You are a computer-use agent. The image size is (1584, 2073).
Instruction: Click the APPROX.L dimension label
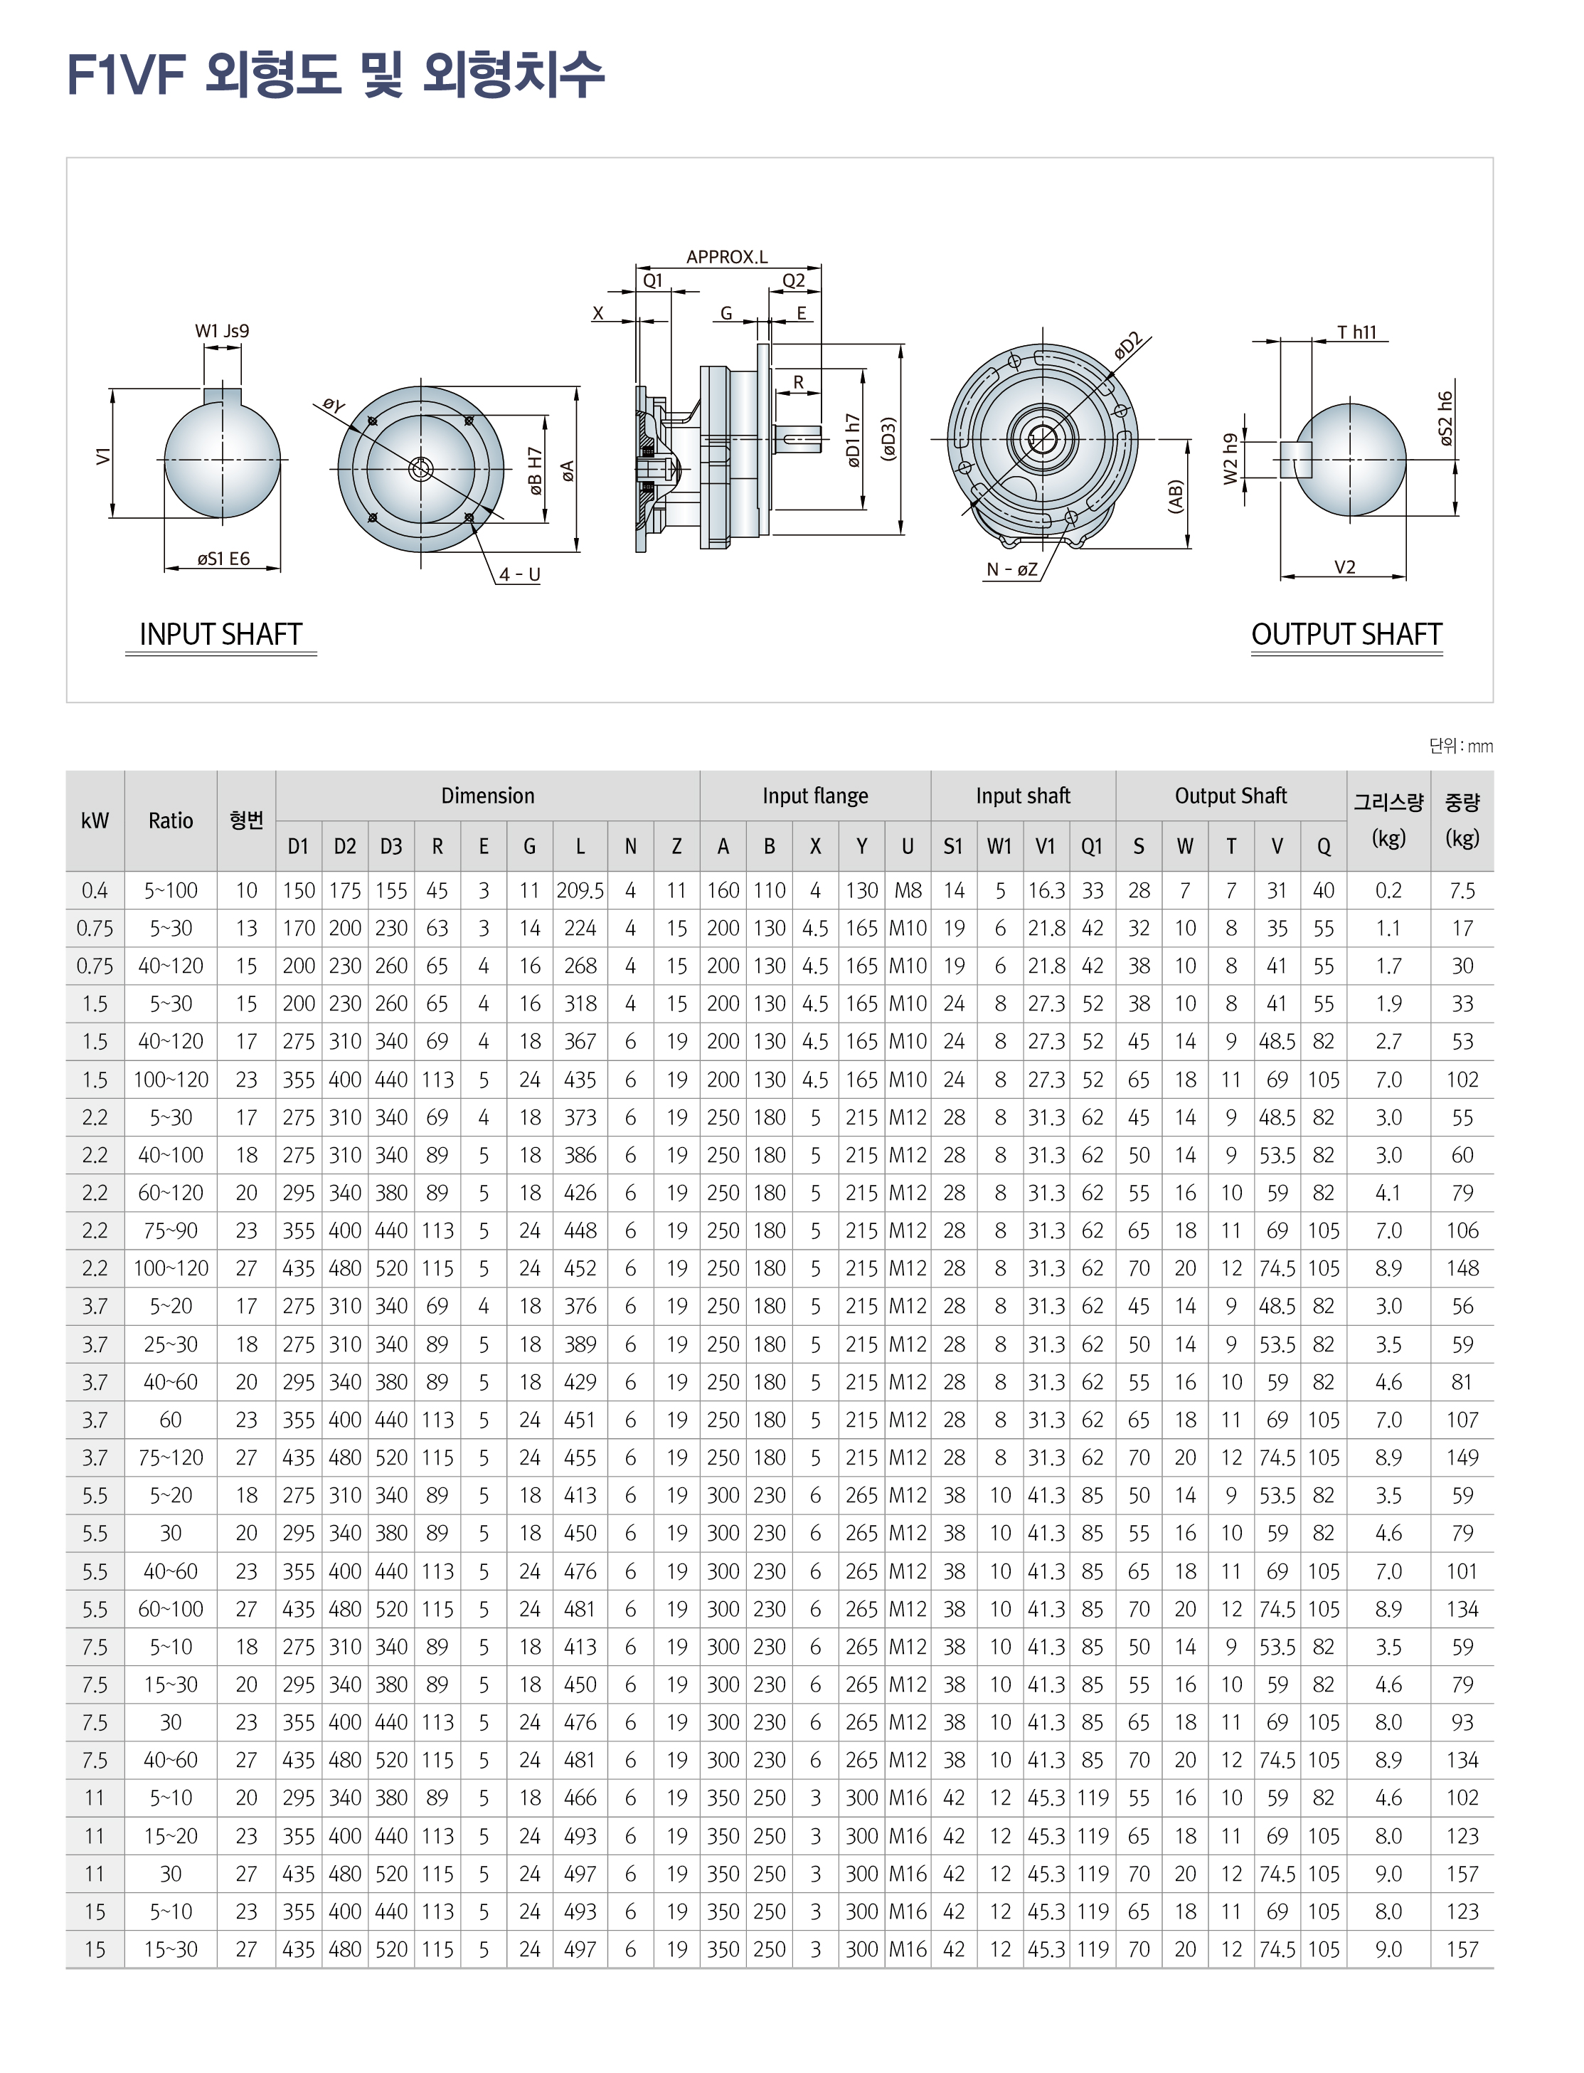(726, 256)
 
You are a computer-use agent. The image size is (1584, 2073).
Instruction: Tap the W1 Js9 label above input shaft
(222, 331)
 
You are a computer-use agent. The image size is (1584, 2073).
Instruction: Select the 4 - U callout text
(519, 574)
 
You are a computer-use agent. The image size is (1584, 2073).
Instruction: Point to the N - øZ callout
(1011, 569)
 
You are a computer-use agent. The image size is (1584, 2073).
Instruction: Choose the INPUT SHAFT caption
(220, 635)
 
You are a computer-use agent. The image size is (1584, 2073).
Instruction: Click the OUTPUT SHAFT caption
(1346, 635)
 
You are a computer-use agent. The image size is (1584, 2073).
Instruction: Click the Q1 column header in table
(1092, 847)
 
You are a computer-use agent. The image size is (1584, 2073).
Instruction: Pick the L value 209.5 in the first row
(580, 890)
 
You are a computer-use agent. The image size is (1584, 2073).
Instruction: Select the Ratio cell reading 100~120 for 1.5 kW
(171, 1080)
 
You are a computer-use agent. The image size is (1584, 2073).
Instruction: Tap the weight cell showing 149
(1462, 1458)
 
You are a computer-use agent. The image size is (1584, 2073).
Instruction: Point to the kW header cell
(95, 821)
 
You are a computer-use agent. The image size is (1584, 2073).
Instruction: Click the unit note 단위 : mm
(1460, 746)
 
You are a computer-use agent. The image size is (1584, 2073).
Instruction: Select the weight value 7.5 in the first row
(1462, 890)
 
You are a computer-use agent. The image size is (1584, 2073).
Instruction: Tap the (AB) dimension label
(1175, 496)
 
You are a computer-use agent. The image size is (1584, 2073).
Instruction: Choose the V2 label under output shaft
(1344, 567)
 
